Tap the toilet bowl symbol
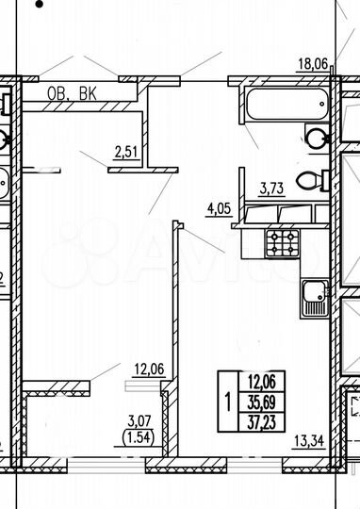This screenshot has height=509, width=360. (308, 179)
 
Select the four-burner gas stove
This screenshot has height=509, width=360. (283, 245)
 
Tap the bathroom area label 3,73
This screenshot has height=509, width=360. (272, 188)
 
